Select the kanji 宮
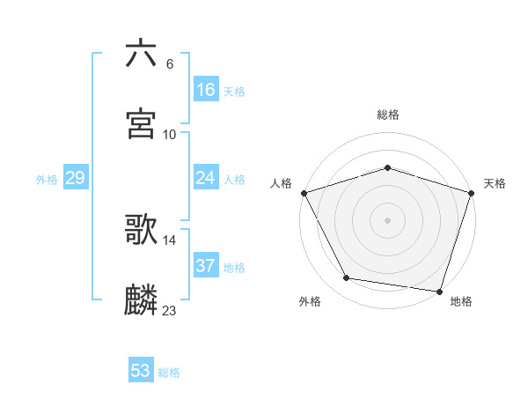tap(142, 124)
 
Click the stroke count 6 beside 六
tap(170, 63)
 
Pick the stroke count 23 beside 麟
tap(170, 310)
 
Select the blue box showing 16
tap(205, 90)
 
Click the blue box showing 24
tap(205, 178)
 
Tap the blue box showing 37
tap(205, 266)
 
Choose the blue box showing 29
tap(75, 178)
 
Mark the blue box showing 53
tap(141, 371)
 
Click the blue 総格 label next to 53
tap(169, 373)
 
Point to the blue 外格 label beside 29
tap(47, 180)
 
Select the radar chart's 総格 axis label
tap(388, 115)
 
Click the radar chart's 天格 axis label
tap(495, 183)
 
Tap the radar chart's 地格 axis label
tap(461, 302)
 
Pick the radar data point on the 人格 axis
tap(304, 193)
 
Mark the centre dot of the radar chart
tap(388, 220)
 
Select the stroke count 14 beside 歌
tap(170, 240)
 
